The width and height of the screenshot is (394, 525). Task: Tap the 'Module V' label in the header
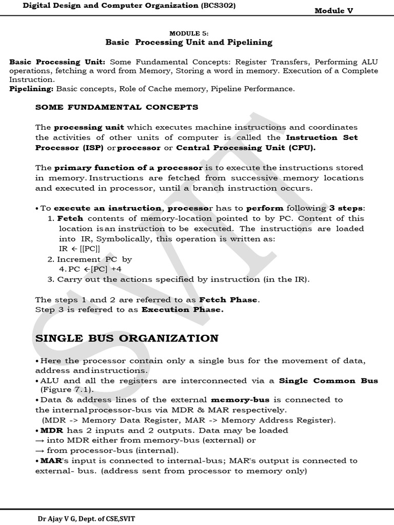pyautogui.click(x=334, y=11)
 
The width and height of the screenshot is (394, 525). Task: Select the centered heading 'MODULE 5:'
pyautogui.click(x=189, y=33)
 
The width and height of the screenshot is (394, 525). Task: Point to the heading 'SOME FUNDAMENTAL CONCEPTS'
pyautogui.click(x=116, y=107)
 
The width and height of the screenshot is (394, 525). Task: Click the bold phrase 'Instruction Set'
pyautogui.click(x=322, y=137)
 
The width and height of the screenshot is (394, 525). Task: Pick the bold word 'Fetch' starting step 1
pyautogui.click(x=70, y=218)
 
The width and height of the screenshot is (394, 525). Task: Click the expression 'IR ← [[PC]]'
pyautogui.click(x=79, y=249)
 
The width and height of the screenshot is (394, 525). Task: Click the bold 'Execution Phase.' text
pyautogui.click(x=182, y=310)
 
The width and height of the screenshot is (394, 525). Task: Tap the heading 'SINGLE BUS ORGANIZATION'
pyautogui.click(x=127, y=338)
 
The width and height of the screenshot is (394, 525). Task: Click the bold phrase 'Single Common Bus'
pyautogui.click(x=328, y=380)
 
